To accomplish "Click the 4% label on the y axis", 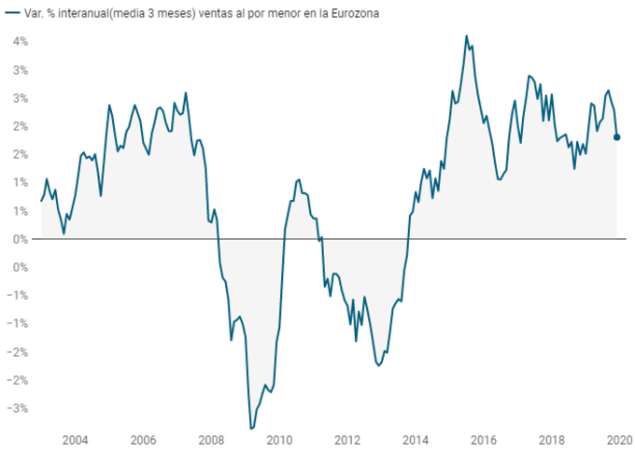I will (x=20, y=42).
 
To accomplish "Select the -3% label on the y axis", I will (x=18, y=408).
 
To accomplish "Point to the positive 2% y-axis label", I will (x=20, y=126).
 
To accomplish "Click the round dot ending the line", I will (x=616, y=137).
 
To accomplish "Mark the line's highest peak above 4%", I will (x=466, y=36).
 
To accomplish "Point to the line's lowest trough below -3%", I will (x=251, y=428).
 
